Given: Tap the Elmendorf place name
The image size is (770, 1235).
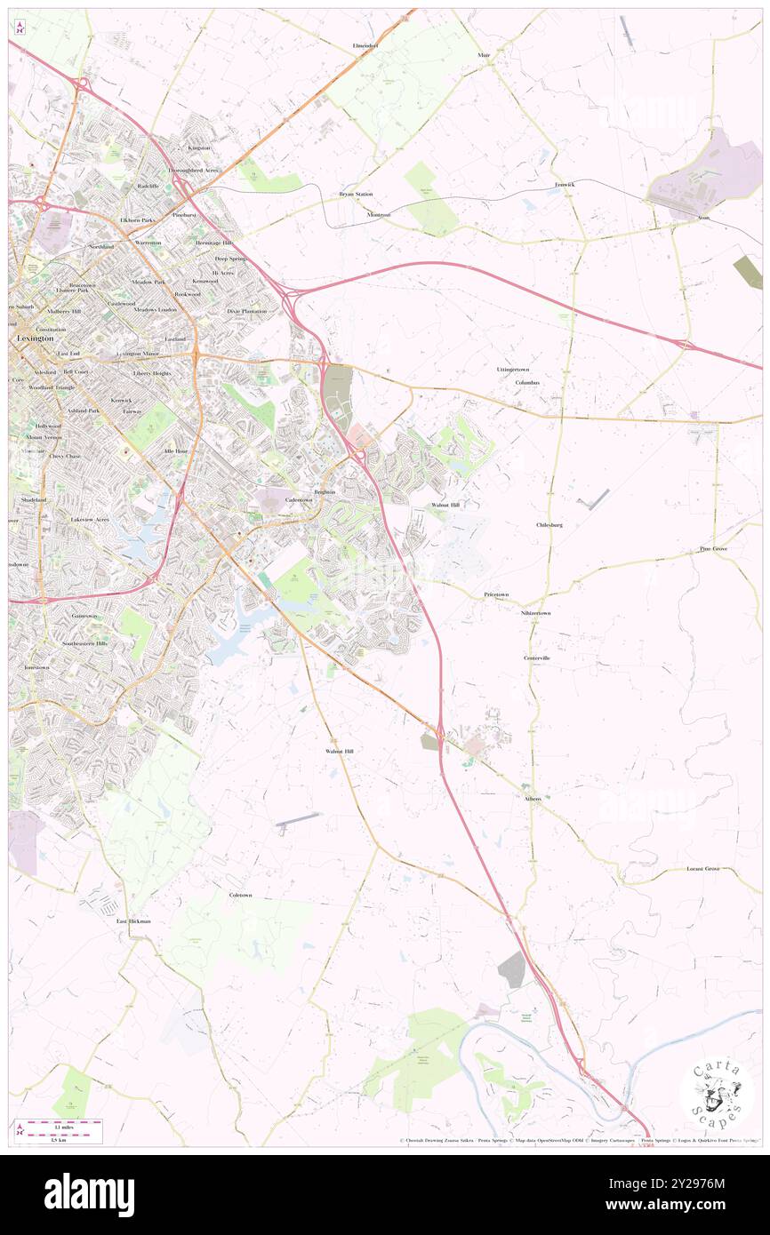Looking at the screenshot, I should click(365, 44).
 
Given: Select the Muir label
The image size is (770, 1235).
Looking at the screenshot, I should click(484, 55).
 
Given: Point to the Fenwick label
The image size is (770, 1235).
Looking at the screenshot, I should click(565, 184).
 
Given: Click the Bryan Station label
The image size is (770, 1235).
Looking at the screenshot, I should click(356, 194).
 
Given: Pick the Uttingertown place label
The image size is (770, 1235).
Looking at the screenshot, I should click(512, 369).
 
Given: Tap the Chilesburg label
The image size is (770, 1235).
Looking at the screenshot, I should click(549, 525).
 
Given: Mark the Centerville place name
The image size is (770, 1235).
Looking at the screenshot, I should click(536, 657).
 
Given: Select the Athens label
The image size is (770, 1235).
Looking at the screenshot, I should click(532, 798).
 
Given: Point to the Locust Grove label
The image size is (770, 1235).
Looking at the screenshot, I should click(702, 868).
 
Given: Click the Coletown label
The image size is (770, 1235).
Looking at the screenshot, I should click(240, 895).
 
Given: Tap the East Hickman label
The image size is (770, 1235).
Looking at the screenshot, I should click(133, 921).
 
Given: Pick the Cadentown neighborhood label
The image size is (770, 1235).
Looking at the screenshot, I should click(299, 500).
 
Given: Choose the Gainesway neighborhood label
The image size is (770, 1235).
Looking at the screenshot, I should click(85, 616).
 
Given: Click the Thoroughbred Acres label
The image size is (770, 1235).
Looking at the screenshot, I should click(193, 169).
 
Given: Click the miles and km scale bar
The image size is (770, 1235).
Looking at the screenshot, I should click(59, 1130).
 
